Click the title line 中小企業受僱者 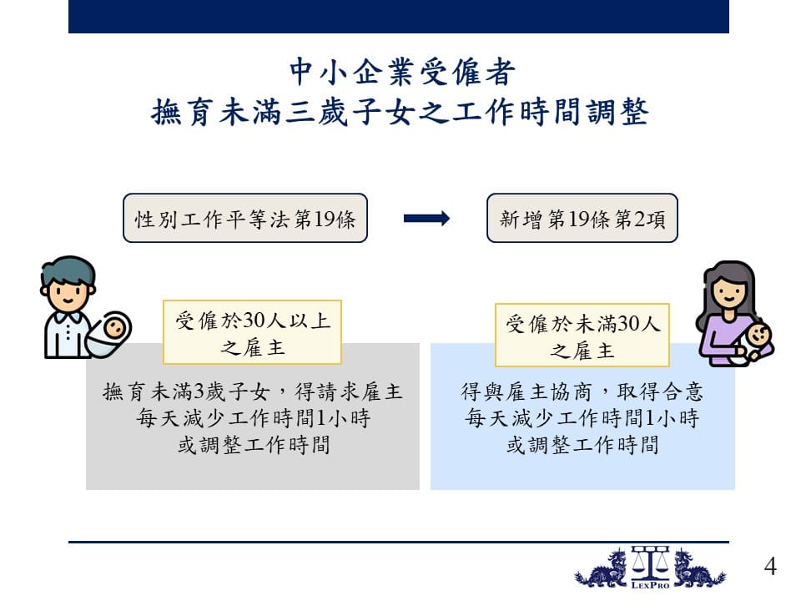tap(402, 72)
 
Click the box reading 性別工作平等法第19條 tap(245, 218)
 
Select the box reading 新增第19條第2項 tap(582, 218)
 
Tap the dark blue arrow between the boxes tap(426, 219)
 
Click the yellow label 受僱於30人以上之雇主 tap(252, 332)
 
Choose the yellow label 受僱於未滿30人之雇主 tap(582, 336)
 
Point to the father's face tap(68, 290)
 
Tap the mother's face tap(728, 294)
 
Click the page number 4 tap(770, 566)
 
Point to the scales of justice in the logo tap(650, 563)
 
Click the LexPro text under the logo tap(650, 585)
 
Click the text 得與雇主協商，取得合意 tap(582, 392)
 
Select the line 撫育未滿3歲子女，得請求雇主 tap(252, 392)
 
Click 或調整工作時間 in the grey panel tap(254, 445)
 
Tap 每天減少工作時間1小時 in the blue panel tap(582, 418)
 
